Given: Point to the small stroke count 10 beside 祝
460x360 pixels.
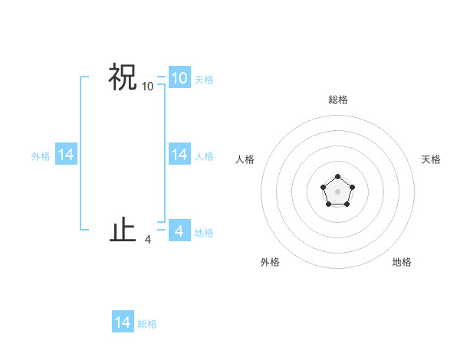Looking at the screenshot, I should [x=147, y=87].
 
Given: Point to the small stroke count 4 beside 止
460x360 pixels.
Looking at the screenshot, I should [x=147, y=240].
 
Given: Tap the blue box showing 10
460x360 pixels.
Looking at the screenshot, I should [x=179, y=77].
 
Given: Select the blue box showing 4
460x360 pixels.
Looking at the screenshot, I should [x=179, y=231].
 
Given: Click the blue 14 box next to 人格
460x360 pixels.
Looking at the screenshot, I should [x=179, y=155].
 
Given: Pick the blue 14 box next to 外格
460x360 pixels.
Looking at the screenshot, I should [x=66, y=155].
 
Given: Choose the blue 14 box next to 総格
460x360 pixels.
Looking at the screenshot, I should [x=123, y=322].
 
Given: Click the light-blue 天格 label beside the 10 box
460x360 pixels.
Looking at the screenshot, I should [x=204, y=79].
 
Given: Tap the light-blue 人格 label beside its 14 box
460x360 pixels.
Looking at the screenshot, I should [x=204, y=156].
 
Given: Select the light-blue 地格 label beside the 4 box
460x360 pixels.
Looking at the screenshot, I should [x=204, y=232].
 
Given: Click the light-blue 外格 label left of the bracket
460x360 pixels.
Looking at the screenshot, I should [x=41, y=156].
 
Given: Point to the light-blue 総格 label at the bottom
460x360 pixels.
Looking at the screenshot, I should [x=147, y=324].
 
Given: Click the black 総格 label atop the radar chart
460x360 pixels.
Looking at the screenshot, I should [x=337, y=100].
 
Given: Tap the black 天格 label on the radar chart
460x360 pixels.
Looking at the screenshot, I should [x=432, y=159].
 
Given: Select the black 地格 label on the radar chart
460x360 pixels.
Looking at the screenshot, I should [x=402, y=262].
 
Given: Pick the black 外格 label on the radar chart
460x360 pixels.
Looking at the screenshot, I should [x=270, y=262].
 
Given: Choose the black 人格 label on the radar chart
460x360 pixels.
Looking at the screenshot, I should [x=245, y=159].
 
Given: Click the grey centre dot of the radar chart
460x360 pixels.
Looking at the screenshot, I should [x=337, y=191].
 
